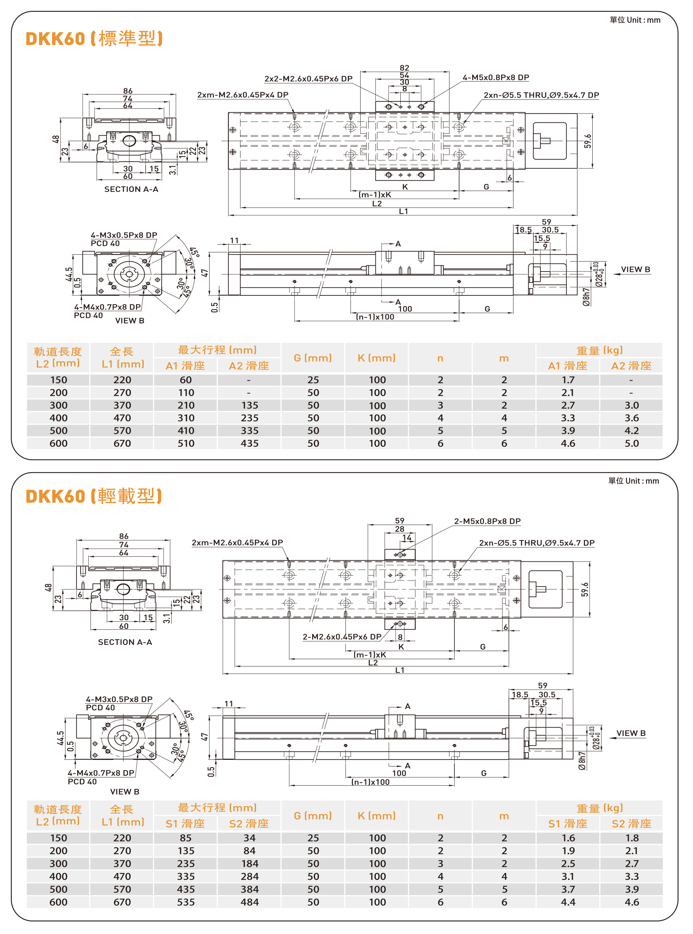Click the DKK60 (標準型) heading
(x=94, y=39)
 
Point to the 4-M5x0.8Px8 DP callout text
(x=496, y=78)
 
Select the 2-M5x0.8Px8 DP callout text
(x=487, y=521)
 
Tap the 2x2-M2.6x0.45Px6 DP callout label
(x=308, y=79)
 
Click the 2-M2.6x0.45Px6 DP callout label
(x=342, y=636)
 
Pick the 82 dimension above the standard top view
(x=404, y=68)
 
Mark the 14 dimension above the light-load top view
(x=407, y=538)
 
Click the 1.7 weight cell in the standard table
(x=568, y=380)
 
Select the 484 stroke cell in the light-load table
(x=249, y=902)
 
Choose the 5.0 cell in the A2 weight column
(x=631, y=443)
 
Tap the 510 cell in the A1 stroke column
(x=186, y=443)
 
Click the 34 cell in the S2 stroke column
(x=249, y=838)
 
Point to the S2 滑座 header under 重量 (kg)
(x=631, y=823)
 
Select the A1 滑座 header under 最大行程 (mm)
(x=185, y=366)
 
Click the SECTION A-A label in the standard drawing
(x=131, y=189)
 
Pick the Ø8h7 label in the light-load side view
(x=582, y=761)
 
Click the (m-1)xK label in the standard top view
(x=375, y=194)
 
